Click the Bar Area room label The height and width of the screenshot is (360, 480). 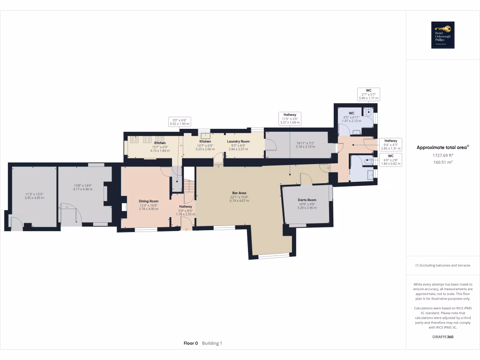tap(239, 193)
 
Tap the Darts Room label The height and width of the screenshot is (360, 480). tap(307, 200)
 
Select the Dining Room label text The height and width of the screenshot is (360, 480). tap(149, 201)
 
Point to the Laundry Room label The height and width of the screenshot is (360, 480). tap(238, 141)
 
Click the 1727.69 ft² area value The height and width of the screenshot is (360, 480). tap(442, 155)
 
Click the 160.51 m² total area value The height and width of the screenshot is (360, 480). tap(442, 162)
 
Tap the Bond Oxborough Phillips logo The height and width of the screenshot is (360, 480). tap(442, 35)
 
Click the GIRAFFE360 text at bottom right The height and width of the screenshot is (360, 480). tap(442, 337)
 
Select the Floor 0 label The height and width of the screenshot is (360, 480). tap(191, 343)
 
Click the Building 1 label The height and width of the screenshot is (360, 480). tap(212, 343)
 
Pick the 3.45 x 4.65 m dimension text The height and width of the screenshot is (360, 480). tap(34, 198)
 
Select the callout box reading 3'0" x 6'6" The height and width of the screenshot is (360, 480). tap(179, 122)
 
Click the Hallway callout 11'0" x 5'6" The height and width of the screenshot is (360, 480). tap(290, 118)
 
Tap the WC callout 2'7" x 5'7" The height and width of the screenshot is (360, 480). tap(368, 94)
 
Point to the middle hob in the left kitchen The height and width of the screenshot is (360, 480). tap(147, 139)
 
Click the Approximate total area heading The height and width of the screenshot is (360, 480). tap(442, 147)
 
